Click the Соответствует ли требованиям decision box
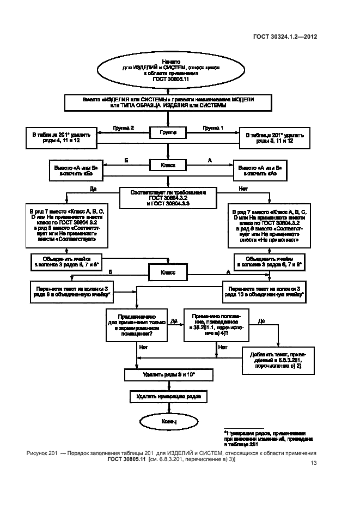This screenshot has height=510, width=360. click(x=168, y=196)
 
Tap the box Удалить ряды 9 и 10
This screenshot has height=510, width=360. click(x=167, y=375)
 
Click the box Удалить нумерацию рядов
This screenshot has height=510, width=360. click(x=168, y=397)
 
